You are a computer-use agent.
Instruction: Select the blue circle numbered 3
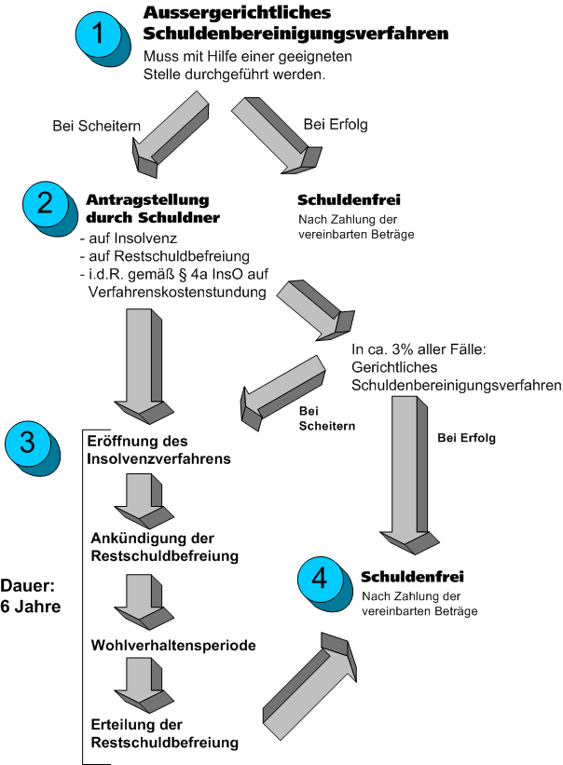point(28,443)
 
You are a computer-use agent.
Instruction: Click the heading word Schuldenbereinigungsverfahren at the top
point(295,33)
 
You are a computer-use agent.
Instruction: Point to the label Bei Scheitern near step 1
point(97,125)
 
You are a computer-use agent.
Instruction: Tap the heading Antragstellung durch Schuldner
point(153,209)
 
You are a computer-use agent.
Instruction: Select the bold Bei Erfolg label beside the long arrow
point(466,437)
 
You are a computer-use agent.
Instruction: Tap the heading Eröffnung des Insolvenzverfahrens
point(158,449)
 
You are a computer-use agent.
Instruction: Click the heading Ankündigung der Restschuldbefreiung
point(164,547)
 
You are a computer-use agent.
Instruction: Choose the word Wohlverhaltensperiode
point(172,645)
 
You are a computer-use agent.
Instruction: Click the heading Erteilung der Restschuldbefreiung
point(164,733)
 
